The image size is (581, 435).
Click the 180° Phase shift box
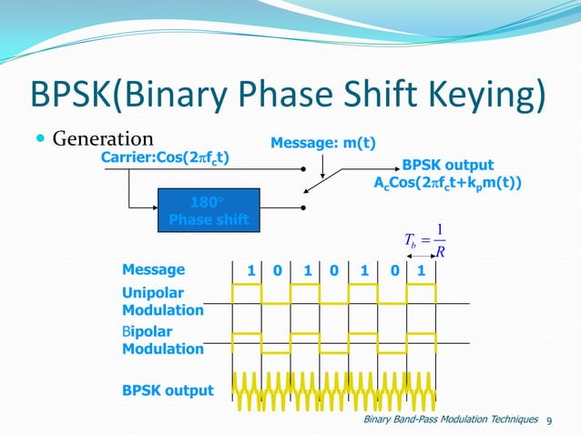click(204, 211)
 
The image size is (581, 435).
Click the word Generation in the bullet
click(102, 139)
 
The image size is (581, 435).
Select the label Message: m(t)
click(324, 143)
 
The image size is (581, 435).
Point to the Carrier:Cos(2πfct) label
click(165, 158)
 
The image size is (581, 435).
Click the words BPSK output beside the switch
click(448, 166)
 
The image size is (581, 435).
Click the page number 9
click(549, 420)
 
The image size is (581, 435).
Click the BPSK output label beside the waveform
click(168, 390)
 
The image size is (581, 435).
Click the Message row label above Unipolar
click(153, 269)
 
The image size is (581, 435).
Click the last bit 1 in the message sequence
click(420, 270)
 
